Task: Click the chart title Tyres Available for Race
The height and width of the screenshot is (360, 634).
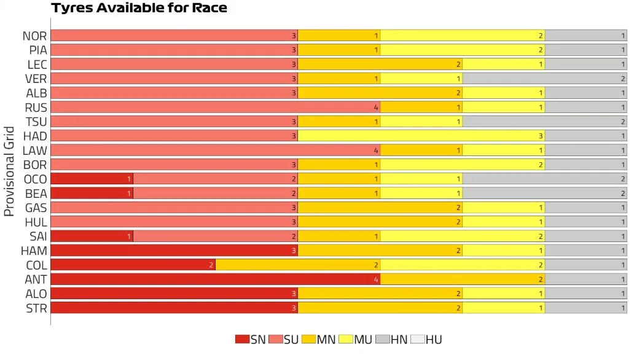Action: (139, 9)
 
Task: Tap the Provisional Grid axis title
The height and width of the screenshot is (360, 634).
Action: (9, 171)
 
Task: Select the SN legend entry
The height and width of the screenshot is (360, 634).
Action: (251, 340)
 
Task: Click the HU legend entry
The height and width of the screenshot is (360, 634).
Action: (426, 340)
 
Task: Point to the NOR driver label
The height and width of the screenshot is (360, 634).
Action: (34, 36)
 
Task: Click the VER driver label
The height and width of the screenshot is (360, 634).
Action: (36, 79)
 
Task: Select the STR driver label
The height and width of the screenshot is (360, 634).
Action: (36, 308)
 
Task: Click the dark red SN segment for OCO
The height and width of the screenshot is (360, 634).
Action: (92, 179)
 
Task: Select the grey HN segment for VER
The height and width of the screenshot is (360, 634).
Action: (544, 79)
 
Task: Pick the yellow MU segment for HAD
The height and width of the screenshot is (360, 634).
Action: (421, 136)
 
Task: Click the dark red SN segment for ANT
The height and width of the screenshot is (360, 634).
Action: (215, 279)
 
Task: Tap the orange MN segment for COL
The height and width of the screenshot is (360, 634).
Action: (297, 265)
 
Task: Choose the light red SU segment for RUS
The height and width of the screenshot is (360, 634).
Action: (215, 108)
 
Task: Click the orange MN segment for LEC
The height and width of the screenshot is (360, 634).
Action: (380, 65)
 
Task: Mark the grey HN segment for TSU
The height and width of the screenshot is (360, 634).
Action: (544, 122)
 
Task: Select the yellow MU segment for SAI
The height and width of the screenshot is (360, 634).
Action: (462, 236)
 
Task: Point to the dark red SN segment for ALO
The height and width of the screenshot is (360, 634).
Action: (174, 294)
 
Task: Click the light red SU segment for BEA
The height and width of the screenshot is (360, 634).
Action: (215, 193)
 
